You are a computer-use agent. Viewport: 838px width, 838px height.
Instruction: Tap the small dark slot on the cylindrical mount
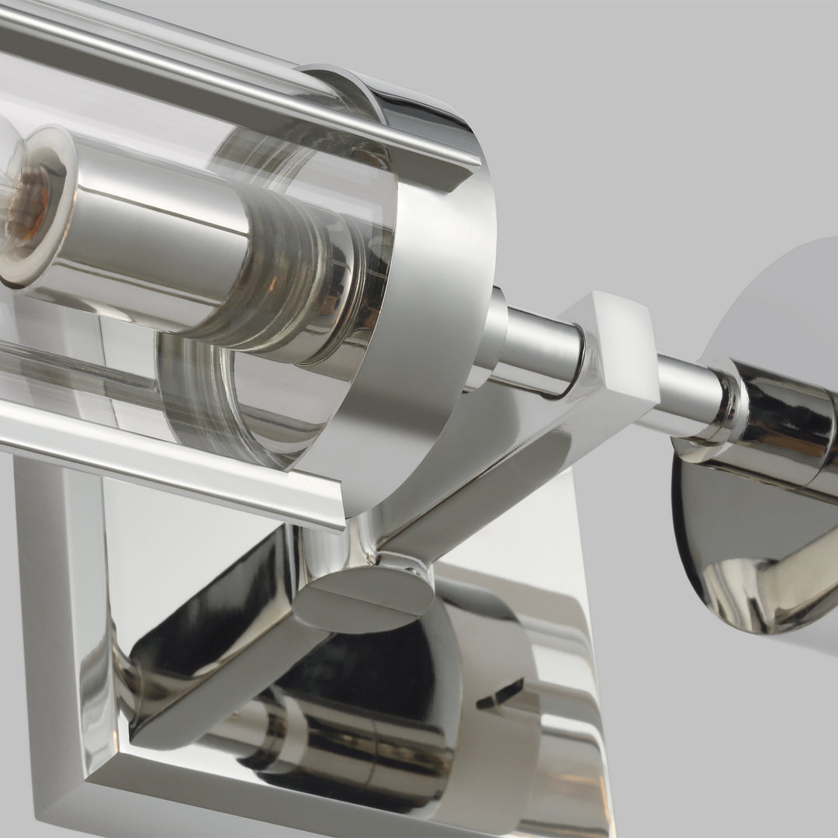pos(500,694)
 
